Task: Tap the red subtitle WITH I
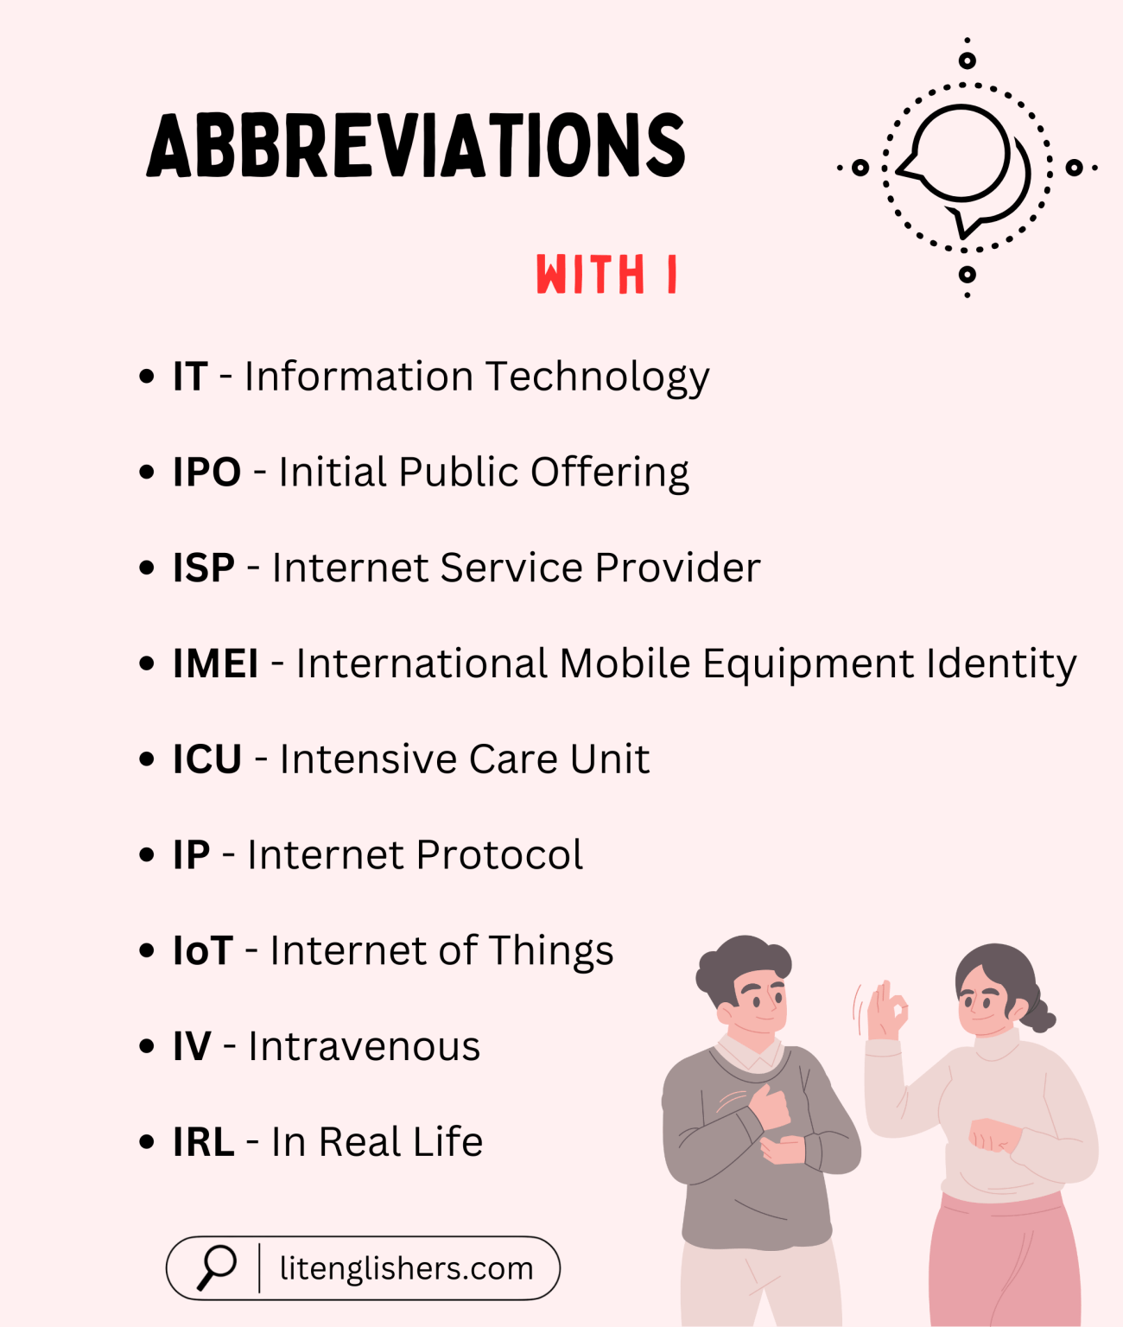pyautogui.click(x=606, y=275)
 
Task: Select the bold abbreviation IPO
pyautogui.click(x=206, y=473)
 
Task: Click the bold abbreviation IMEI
pyautogui.click(x=216, y=664)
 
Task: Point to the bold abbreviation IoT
pyautogui.click(x=203, y=951)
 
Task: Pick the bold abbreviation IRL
pyautogui.click(x=204, y=1143)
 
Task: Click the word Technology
pyautogui.click(x=597, y=378)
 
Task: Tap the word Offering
pyautogui.click(x=609, y=473)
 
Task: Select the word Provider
pyautogui.click(x=677, y=568)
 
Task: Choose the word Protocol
pyautogui.click(x=499, y=855)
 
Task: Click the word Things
pyautogui.click(x=550, y=951)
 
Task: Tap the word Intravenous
pyautogui.click(x=364, y=1047)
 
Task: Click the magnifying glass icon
pyautogui.click(x=216, y=1267)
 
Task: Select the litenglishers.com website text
pyautogui.click(x=406, y=1268)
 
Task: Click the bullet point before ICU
pyautogui.click(x=147, y=759)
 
